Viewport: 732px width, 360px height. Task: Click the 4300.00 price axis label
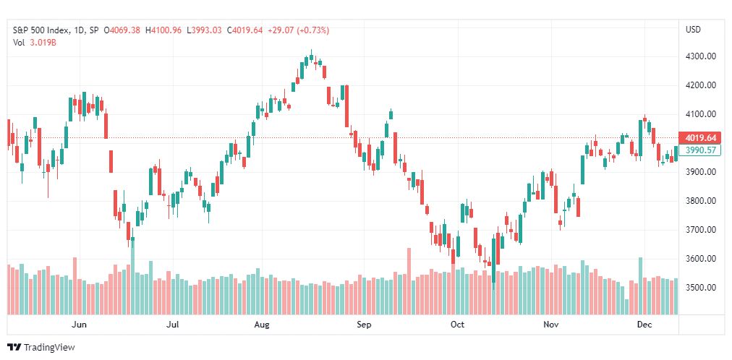701,56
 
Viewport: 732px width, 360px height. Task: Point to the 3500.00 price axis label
701,287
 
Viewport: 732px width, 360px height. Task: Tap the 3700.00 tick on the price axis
701,229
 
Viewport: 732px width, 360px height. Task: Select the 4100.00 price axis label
701,114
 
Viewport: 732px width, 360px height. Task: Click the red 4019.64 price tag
700,138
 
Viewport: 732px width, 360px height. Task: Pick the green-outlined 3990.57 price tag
700,150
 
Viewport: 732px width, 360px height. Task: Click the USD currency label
693,30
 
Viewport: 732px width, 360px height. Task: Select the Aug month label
262,325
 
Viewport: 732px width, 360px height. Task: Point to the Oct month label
457,325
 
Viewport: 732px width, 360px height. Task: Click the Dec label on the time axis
644,325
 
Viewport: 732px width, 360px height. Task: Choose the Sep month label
364,325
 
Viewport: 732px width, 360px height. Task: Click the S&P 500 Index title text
41,30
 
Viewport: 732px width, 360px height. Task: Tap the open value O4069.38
122,30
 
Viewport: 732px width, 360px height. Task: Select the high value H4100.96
163,30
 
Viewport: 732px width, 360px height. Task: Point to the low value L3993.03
205,30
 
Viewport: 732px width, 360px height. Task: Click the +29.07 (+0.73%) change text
298,30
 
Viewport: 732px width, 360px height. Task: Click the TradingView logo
41,348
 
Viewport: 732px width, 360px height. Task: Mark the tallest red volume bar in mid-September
409,281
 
